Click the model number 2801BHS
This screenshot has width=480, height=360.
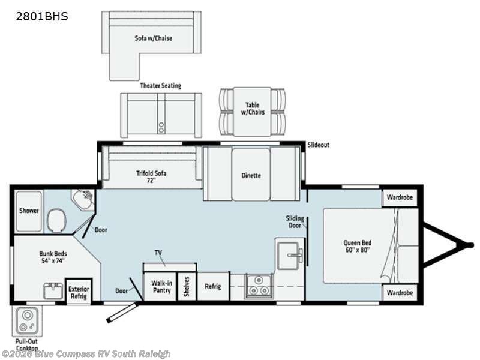42,16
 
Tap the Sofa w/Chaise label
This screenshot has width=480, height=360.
154,38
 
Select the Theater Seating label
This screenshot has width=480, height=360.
160,86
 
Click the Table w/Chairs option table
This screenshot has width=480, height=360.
252,112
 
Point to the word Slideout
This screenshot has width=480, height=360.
319,145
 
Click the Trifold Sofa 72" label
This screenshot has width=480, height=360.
151,176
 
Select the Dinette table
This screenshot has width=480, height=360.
251,174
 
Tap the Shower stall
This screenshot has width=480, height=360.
29,211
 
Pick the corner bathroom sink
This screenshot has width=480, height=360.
83,199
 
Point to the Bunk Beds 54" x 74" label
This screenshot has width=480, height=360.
53,257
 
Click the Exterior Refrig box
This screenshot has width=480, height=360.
79,292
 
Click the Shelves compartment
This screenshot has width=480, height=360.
187,287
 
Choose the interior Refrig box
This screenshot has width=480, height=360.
213,286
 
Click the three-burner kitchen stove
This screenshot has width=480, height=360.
259,286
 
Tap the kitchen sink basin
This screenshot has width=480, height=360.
288,252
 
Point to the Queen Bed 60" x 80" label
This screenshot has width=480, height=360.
357,246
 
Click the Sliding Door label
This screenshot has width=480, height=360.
295,222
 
